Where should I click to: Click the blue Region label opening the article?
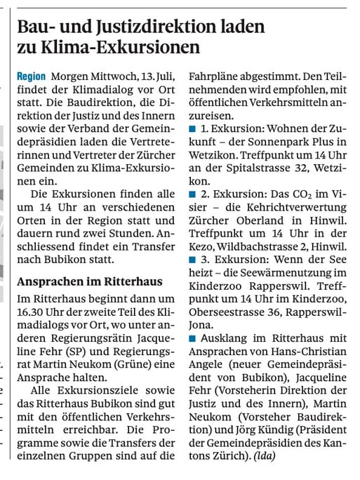tap(31, 75)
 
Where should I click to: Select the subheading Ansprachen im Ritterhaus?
tap(88, 281)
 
